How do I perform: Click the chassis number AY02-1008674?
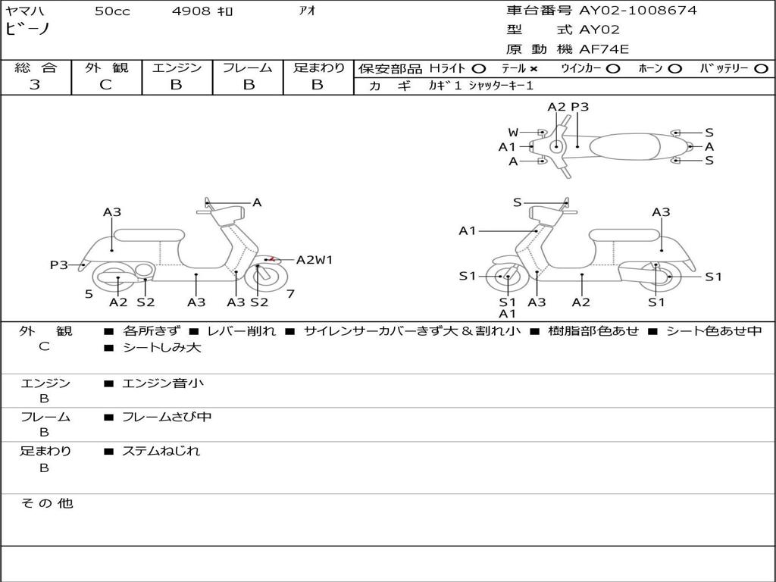[x=638, y=11]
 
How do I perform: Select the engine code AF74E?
[x=604, y=49]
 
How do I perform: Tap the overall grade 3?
[x=35, y=85]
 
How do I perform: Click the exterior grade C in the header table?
[x=106, y=85]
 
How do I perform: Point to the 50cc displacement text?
[x=112, y=11]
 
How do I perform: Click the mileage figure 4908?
[x=191, y=11]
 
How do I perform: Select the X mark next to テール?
[x=533, y=69]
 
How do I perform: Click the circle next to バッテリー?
[x=761, y=69]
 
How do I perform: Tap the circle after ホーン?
[x=675, y=69]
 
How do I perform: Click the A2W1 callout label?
[x=314, y=260]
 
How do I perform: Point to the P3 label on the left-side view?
[x=59, y=265]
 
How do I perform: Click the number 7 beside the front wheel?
[x=290, y=294]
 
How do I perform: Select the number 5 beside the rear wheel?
[x=89, y=295]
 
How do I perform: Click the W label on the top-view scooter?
[x=513, y=133]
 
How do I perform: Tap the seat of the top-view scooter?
[x=624, y=147]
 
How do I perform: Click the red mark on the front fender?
[x=271, y=258]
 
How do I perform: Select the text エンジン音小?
[x=163, y=383]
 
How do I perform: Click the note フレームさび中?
[x=167, y=418]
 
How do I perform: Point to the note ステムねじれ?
[x=161, y=452]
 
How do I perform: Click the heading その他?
[x=47, y=503]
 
